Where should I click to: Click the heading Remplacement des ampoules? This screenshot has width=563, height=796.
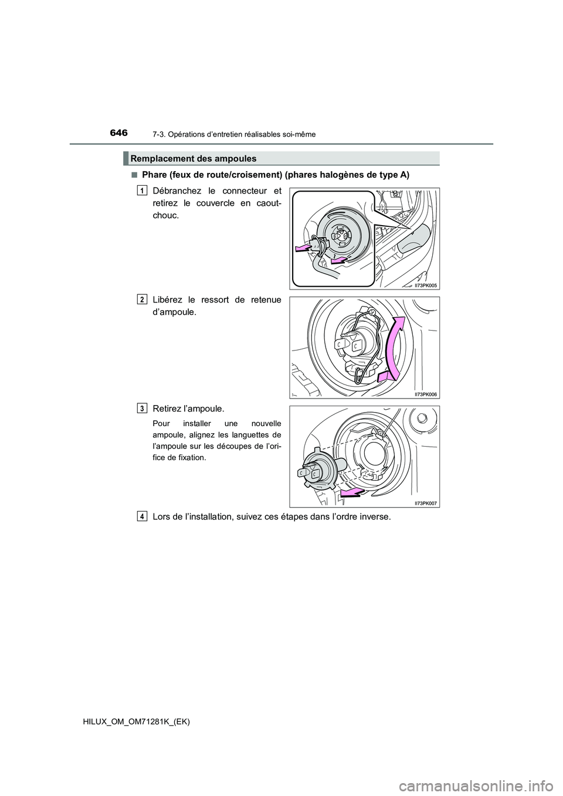[x=194, y=159]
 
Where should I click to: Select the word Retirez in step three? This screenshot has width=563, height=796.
[x=169, y=408]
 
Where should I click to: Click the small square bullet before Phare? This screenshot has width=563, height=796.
[x=135, y=175]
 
